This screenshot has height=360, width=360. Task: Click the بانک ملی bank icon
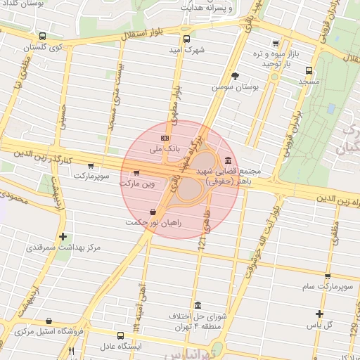click(165, 138)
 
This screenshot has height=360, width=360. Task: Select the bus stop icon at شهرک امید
click(186, 39)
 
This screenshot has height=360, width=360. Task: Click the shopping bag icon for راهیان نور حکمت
click(153, 212)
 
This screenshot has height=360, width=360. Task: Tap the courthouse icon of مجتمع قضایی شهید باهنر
click(228, 160)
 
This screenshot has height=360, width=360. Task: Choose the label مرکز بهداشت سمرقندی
click(63, 247)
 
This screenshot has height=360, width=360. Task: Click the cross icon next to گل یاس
click(319, 314)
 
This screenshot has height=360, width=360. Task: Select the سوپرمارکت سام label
click(327, 287)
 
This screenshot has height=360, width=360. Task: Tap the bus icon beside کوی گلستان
click(42, 36)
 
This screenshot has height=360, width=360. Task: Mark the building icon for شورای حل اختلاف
click(198, 305)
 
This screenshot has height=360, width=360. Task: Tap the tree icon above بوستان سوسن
click(235, 76)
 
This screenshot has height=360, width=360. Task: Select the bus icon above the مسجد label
click(309, 70)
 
